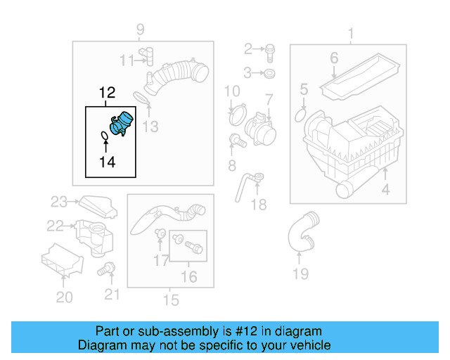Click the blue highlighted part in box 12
pyautogui.click(x=122, y=124)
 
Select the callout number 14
pyautogui.click(x=108, y=162)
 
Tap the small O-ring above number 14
pyautogui.click(x=105, y=136)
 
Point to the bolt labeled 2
pyautogui.click(x=270, y=53)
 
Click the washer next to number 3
pyautogui.click(x=269, y=74)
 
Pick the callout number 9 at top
pyautogui.click(x=140, y=30)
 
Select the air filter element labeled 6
pyautogui.click(x=360, y=77)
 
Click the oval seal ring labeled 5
pyautogui.click(x=300, y=115)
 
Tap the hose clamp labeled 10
pyautogui.click(x=238, y=115)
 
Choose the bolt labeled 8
pyautogui.click(x=238, y=141)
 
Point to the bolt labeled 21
pyautogui.click(x=106, y=269)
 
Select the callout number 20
pyautogui.click(x=64, y=297)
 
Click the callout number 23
pyautogui.click(x=59, y=202)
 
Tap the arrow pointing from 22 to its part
pyautogui.click(x=69, y=226)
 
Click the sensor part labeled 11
pyautogui.click(x=146, y=56)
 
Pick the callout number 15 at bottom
pyautogui.click(x=171, y=300)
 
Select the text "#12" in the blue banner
pyautogui.click(x=246, y=331)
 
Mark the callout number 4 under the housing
pyautogui.click(x=385, y=189)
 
